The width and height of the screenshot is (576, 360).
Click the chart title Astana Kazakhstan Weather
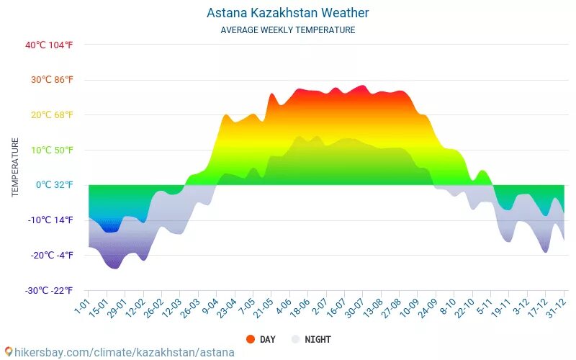287,13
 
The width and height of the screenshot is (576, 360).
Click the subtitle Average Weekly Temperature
287,30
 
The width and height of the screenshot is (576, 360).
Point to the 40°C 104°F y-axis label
49,45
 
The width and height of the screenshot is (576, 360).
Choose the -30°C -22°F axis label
49,291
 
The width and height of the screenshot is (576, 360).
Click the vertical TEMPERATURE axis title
15,168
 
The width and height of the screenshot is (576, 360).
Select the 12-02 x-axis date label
135,310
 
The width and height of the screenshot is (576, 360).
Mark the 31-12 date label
555,310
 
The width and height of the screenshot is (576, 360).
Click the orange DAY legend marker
251,339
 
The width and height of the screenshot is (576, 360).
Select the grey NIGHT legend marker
295,339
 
